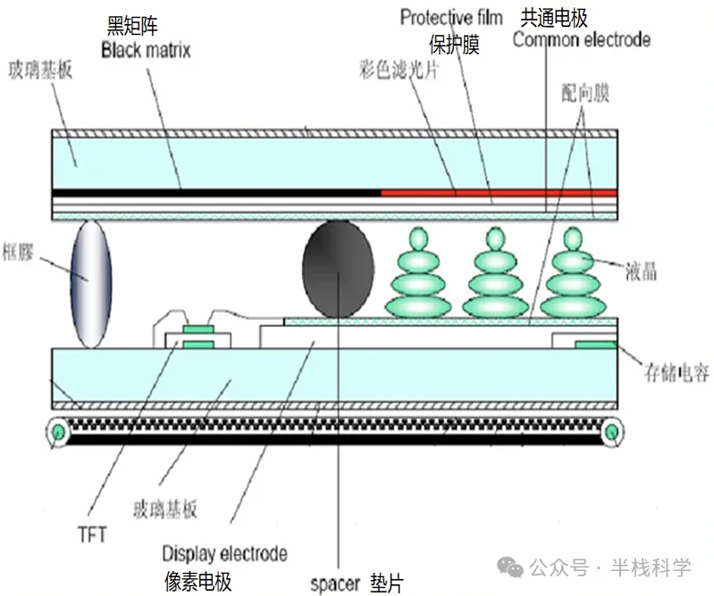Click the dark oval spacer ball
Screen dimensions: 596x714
(338, 267)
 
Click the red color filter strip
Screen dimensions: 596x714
(499, 192)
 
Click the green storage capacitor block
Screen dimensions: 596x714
(593, 345)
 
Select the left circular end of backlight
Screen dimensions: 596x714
(59, 433)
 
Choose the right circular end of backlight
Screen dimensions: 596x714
(611, 433)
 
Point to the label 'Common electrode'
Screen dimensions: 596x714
(581, 39)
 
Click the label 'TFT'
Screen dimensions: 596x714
(91, 534)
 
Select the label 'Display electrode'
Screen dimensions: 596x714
(224, 552)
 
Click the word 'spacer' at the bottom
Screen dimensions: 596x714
(334, 584)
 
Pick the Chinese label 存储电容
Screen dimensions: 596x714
(676, 373)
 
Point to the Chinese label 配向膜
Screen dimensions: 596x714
(585, 93)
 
